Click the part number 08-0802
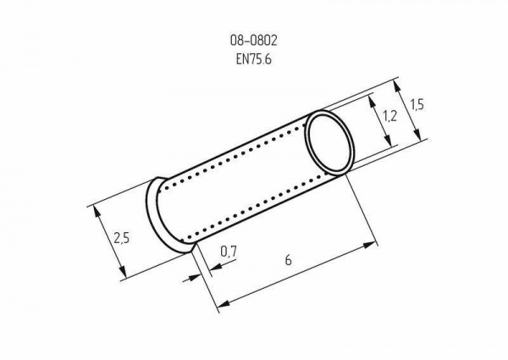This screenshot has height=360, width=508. tap(254, 41)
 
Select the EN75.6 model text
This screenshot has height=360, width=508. tap(254, 59)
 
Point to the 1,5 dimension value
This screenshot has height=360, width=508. tap(417, 105)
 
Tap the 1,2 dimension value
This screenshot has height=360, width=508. tap(389, 116)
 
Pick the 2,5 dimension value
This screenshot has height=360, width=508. tap(121, 238)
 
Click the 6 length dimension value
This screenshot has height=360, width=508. tap(289, 260)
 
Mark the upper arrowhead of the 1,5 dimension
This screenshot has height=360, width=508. tap(397, 87)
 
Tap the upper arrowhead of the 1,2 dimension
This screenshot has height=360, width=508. tap(373, 101)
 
